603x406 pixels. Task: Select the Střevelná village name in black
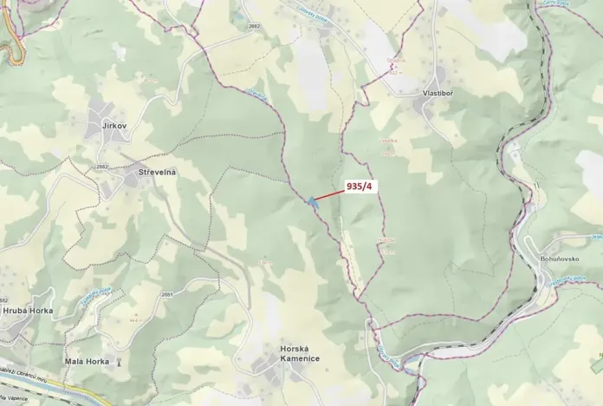[157, 173]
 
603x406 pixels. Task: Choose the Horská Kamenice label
[300, 353]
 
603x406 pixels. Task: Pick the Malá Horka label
[88, 361]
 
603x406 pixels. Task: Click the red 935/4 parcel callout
[359, 187]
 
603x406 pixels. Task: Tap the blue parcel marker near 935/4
[311, 202]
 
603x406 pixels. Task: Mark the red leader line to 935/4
[329, 195]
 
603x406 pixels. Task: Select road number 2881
[166, 295]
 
